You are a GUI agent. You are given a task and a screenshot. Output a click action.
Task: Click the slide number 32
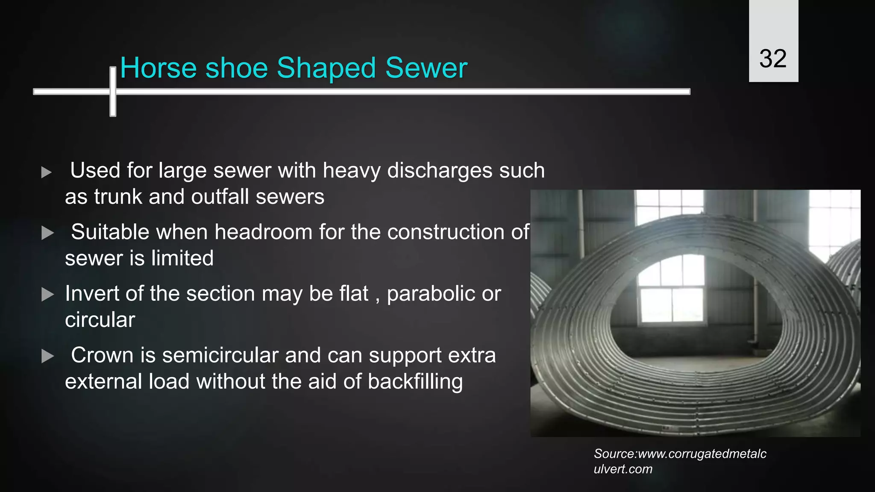click(x=773, y=59)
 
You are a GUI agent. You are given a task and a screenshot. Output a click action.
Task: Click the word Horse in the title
click(x=159, y=68)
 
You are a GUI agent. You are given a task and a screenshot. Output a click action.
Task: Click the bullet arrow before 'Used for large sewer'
click(x=47, y=173)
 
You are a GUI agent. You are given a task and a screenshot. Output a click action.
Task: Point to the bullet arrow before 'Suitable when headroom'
click(x=47, y=233)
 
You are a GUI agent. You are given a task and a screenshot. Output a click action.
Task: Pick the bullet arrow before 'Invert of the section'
click(x=47, y=295)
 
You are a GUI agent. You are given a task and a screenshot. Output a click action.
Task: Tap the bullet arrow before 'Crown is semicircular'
click(x=47, y=356)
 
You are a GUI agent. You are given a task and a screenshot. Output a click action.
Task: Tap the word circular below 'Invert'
click(x=100, y=320)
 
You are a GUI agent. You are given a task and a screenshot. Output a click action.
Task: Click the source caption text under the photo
click(x=679, y=461)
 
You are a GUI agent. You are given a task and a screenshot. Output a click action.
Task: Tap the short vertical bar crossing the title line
click(x=113, y=91)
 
